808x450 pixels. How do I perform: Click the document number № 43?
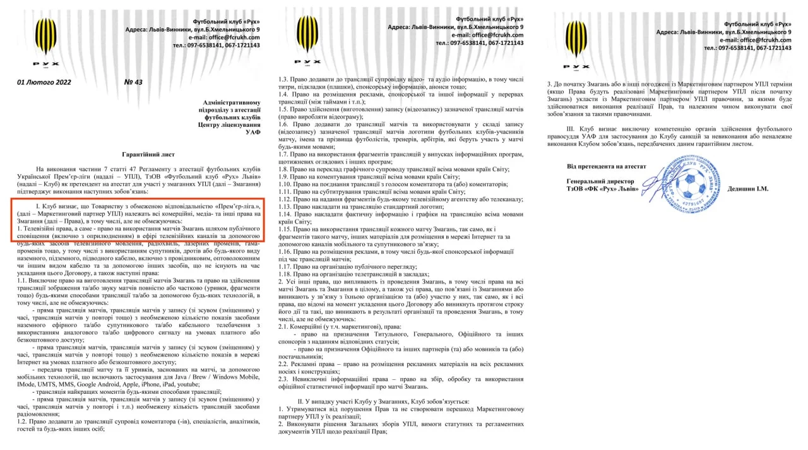[x=134, y=82]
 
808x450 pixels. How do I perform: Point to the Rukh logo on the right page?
[x=575, y=42]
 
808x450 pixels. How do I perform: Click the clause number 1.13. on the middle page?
[x=287, y=206]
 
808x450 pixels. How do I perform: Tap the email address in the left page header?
[x=235, y=37]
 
